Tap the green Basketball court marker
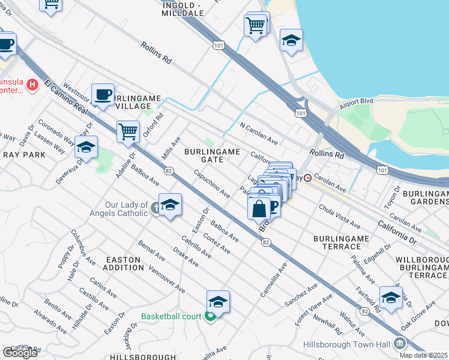[210, 317]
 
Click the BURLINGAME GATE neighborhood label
[212, 155]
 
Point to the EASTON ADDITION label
[123, 263]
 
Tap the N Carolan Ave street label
[258, 134]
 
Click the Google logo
[20, 352]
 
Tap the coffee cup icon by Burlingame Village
[103, 94]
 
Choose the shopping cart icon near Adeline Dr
[128, 131]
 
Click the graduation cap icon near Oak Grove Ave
[390, 297]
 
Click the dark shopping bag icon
[259, 209]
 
